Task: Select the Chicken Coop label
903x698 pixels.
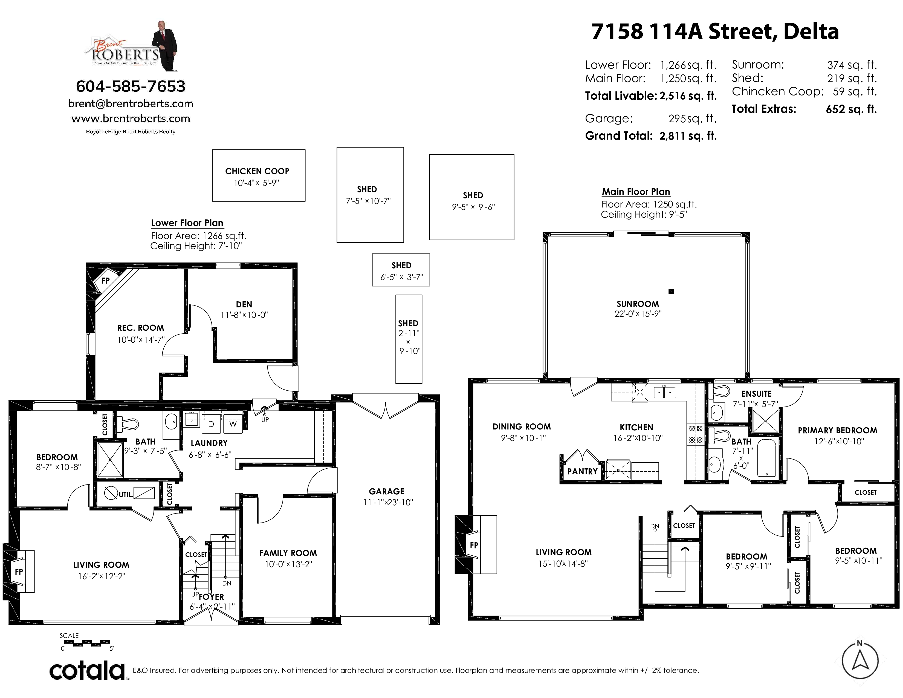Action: tap(257, 171)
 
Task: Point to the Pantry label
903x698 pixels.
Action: tap(582, 471)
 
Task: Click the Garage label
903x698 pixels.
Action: tap(387, 491)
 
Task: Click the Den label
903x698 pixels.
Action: tap(244, 304)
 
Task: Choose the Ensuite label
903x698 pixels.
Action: tap(756, 394)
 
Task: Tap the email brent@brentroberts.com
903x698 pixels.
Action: tap(131, 103)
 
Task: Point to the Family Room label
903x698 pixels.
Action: tap(288, 553)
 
